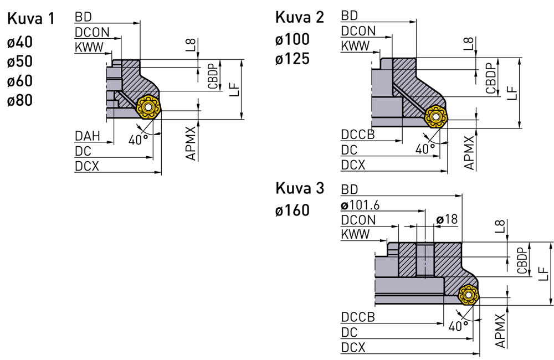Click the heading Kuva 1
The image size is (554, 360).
pos(31,19)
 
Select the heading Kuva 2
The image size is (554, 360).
pos(300,18)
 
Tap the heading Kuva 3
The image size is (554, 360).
pos(300,189)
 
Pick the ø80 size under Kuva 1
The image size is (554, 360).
pos(20,101)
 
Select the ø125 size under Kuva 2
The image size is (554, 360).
pos(292,59)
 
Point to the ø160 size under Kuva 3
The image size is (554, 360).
pos(292,211)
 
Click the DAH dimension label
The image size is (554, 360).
pos(87,136)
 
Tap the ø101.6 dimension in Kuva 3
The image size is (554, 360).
pos(361,205)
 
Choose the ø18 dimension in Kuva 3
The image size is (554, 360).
pos(447,219)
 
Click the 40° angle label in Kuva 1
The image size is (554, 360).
pos(138,140)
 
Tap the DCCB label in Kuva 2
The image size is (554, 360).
pos(358,135)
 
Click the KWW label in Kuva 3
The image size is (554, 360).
pos(355,235)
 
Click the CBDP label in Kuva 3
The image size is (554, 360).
pos(521,260)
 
